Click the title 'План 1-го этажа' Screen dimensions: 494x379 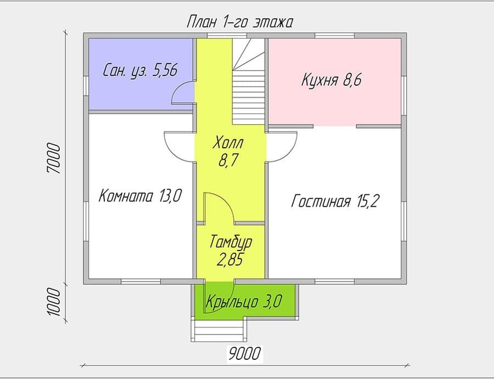click(x=240, y=23)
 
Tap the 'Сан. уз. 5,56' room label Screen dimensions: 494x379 click(x=141, y=70)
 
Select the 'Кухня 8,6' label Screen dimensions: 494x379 click(x=332, y=80)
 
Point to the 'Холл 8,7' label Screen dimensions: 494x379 click(x=228, y=152)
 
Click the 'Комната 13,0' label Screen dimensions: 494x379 click(x=140, y=196)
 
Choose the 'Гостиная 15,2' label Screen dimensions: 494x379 click(x=334, y=201)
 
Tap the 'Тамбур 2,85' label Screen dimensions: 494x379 click(x=231, y=250)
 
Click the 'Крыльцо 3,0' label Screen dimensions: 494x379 click(x=244, y=302)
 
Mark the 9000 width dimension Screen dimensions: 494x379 click(x=244, y=354)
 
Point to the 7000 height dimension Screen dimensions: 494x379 click(x=53, y=158)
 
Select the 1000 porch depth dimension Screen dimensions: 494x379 click(x=53, y=302)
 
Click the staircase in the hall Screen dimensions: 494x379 click(x=249, y=82)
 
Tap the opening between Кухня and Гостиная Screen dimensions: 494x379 click(x=335, y=126)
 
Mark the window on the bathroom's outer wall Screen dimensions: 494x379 click(x=86, y=86)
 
